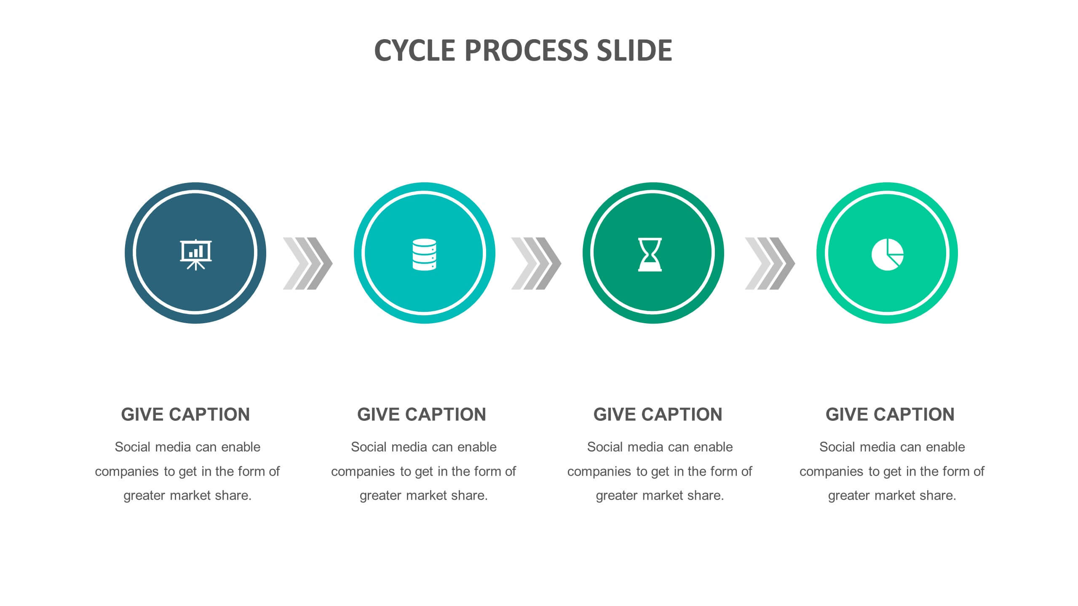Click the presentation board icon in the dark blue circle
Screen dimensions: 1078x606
pyautogui.click(x=196, y=255)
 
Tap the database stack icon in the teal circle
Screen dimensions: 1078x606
pyautogui.click(x=424, y=254)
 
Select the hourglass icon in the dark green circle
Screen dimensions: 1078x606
pyautogui.click(x=650, y=254)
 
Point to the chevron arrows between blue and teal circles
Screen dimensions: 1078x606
pyautogui.click(x=308, y=263)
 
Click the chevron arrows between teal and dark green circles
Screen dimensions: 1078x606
pyautogui.click(x=536, y=263)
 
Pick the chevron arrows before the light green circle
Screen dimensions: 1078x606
pyautogui.click(x=770, y=263)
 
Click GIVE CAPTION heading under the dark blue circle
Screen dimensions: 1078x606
pyautogui.click(x=185, y=415)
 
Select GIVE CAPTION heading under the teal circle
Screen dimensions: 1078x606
pyautogui.click(x=422, y=415)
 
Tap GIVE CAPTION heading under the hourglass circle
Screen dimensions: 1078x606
pyautogui.click(x=658, y=415)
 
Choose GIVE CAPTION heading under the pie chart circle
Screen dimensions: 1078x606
pyautogui.click(x=890, y=415)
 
